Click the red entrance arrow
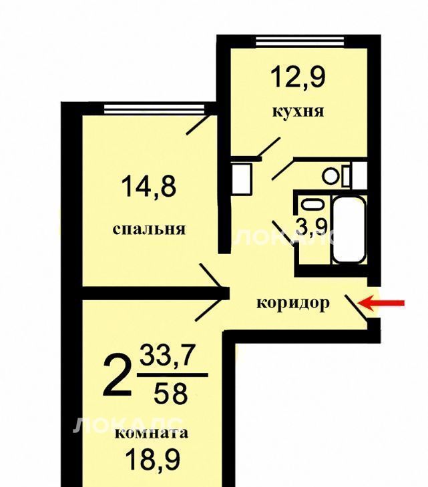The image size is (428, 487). [x=381, y=303]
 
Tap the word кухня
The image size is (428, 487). [x=298, y=111]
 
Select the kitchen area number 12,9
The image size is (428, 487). [x=298, y=77]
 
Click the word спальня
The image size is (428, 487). [x=149, y=229]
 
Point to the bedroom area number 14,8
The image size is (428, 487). [x=149, y=186]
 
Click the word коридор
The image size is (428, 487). [x=293, y=303]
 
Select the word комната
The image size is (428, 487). [x=152, y=433]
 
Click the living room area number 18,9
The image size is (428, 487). [x=153, y=460]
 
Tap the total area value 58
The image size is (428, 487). [x=171, y=393]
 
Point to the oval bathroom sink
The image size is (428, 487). [x=312, y=204]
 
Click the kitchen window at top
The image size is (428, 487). [x=300, y=41]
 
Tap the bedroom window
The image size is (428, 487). [x=154, y=109]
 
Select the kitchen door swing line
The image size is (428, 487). [x=269, y=147]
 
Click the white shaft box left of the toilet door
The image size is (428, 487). [x=242, y=179]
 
